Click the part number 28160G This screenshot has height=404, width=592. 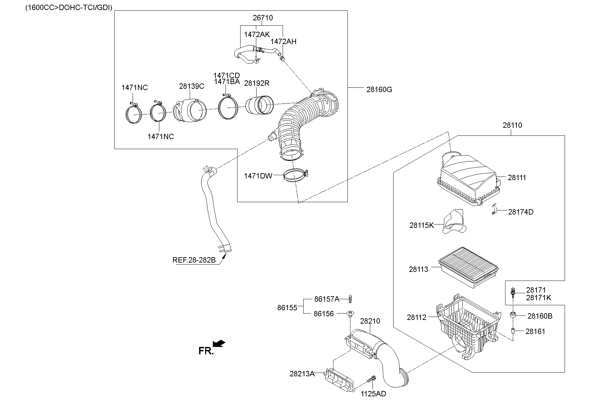379,89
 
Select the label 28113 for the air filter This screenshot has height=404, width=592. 418,269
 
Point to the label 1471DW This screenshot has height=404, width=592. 258,176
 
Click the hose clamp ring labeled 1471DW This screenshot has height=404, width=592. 295,176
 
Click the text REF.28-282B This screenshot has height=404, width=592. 194,260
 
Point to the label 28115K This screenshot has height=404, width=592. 421,225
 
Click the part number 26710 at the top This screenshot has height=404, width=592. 263,18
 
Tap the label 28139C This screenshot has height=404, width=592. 191,86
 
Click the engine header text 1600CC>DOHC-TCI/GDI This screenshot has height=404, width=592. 69,7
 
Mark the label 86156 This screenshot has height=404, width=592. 323,314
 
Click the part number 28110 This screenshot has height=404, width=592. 512,125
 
